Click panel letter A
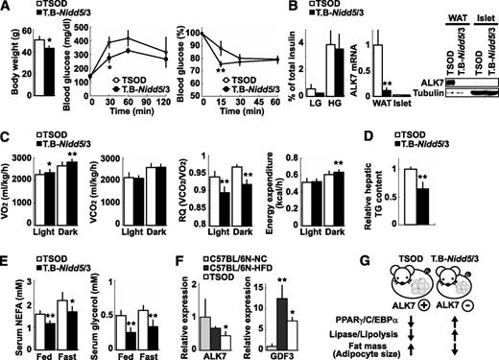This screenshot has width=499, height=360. pyautogui.click(x=6, y=8)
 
